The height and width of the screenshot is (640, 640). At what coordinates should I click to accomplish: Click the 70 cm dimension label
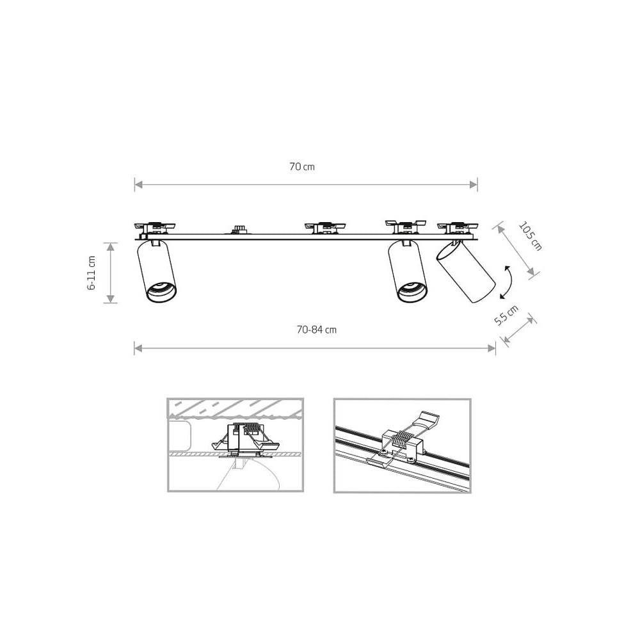(302, 166)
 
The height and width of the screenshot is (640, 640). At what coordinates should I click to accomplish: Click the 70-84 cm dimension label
(317, 330)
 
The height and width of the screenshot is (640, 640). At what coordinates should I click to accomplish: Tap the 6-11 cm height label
(92, 273)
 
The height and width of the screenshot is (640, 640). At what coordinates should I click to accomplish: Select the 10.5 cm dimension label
(530, 236)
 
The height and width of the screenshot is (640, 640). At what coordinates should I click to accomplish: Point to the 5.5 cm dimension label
(506, 315)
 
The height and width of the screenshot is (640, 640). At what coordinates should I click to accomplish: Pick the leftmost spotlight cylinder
(157, 271)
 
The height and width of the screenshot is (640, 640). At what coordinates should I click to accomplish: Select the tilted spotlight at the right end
(466, 271)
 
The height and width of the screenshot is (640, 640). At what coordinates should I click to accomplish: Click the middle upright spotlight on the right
(408, 271)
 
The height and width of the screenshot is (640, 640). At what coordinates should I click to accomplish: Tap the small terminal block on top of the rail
(237, 229)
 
